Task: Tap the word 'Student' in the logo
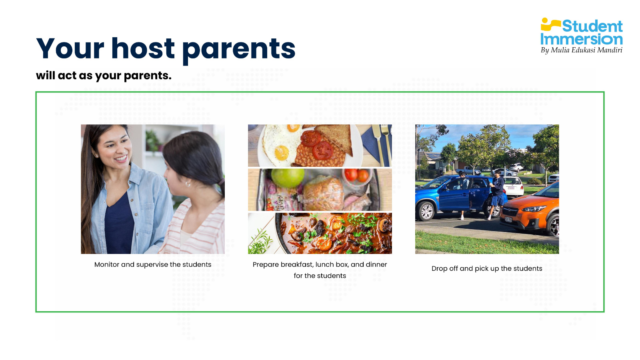pos(592,26)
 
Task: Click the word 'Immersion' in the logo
pos(582,39)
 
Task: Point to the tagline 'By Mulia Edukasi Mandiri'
pos(582,50)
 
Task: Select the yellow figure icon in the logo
pos(550,24)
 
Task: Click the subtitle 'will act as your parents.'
pos(104,76)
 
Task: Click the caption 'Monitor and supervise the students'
pos(153,264)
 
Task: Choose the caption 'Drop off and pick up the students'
pos(487,268)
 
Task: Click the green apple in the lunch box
pos(288,178)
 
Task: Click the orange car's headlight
pos(533,209)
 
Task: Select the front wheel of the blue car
pos(426,212)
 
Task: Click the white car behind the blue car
pos(513,186)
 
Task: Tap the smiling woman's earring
pos(96,156)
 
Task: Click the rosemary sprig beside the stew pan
pos(260,242)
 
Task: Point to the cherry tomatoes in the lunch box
pos(356,174)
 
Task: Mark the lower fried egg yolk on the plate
pos(282,153)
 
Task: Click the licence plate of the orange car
pos(508,220)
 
